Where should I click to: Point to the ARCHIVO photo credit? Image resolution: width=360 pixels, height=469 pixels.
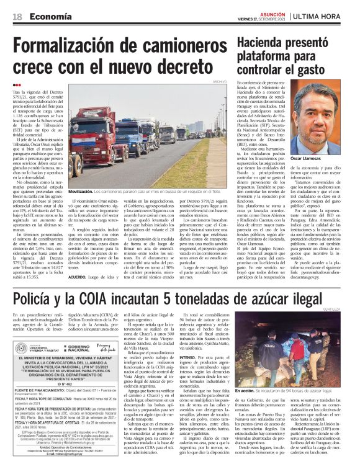pos(220,81)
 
